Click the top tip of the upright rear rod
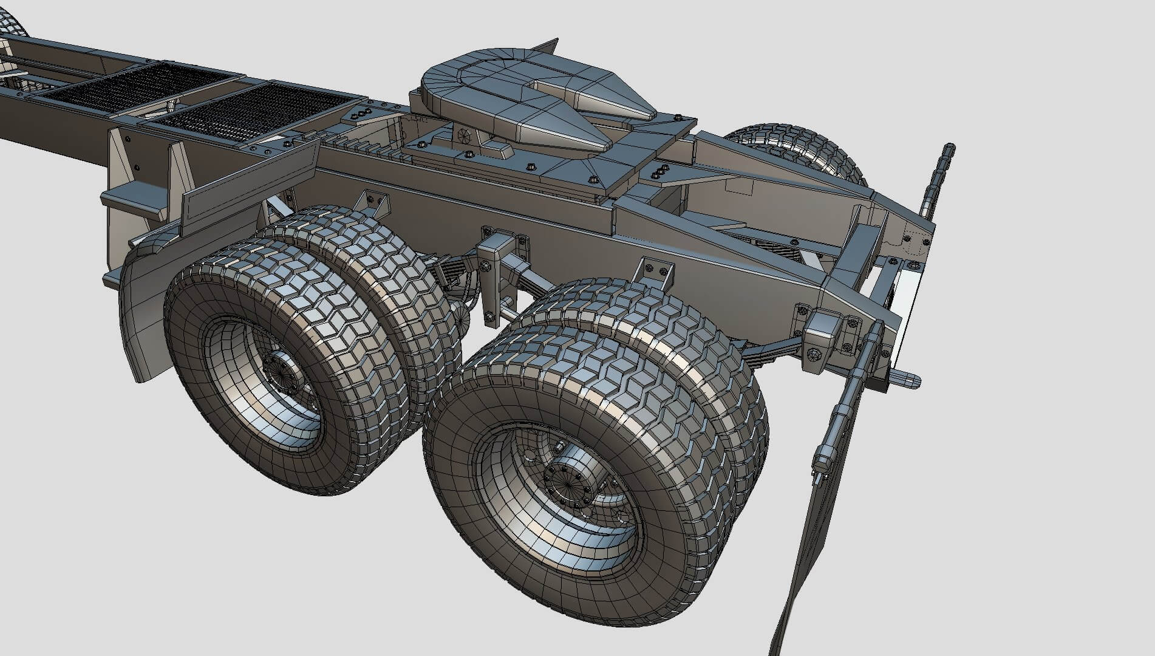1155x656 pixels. [x=949, y=148]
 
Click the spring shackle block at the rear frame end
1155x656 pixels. [x=823, y=340]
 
